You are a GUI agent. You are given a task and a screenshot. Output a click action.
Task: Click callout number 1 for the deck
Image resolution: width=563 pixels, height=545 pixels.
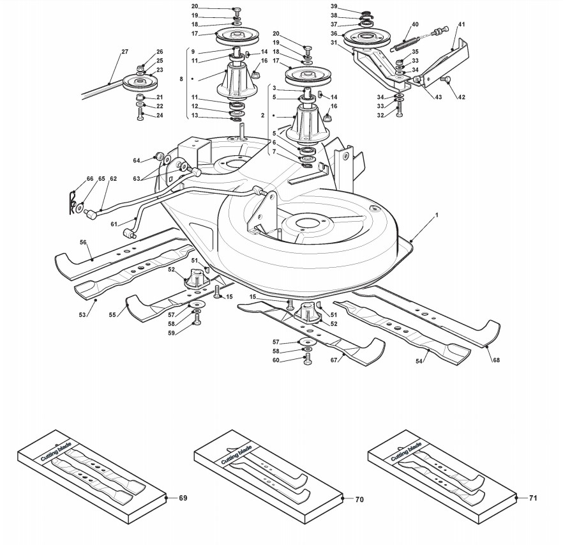437,215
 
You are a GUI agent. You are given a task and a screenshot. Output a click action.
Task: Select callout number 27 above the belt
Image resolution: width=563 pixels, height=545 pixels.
124,52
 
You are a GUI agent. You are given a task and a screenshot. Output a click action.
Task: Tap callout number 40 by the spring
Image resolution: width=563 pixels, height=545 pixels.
415,24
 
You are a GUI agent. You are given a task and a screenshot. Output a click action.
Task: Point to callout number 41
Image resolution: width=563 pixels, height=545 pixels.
462,24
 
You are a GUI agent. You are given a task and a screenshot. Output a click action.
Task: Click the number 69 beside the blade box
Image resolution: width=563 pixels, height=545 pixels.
183,498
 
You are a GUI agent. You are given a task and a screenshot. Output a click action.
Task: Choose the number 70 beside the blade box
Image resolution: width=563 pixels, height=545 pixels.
359,500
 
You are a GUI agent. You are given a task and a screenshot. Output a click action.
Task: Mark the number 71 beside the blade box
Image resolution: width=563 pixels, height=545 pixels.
533,498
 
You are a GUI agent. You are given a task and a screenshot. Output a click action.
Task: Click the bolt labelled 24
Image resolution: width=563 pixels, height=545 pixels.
140,115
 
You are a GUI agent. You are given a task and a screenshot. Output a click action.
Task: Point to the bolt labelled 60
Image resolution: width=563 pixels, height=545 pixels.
308,359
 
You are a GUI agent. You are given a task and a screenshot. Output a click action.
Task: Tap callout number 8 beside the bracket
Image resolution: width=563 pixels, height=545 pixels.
182,79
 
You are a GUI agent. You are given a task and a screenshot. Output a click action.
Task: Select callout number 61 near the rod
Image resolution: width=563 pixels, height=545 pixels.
114,224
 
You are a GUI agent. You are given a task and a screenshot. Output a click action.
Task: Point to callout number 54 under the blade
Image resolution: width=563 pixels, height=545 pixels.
419,361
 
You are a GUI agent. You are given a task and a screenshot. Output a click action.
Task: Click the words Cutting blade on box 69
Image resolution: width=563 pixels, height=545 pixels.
56,451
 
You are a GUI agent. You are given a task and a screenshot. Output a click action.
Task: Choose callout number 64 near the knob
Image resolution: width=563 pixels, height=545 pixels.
137,160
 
